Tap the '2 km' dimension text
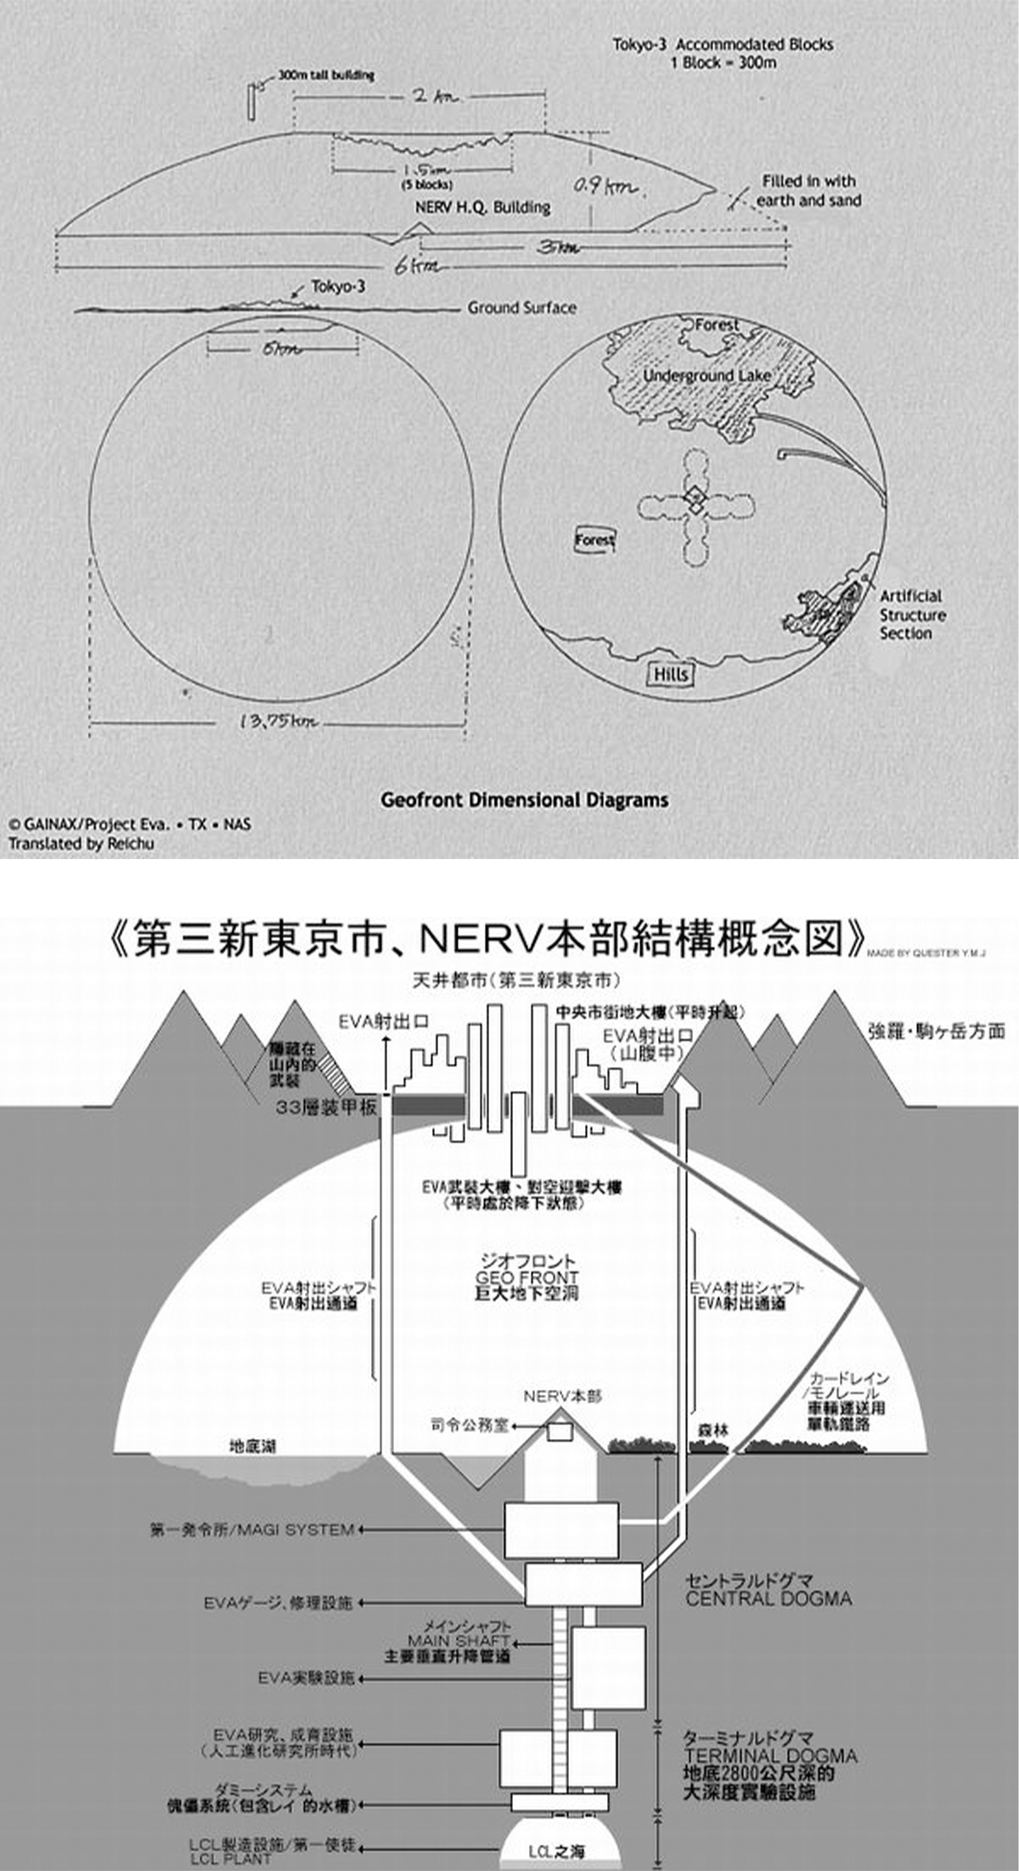pos(432,96)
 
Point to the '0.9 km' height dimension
pos(605,185)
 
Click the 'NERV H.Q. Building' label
pos(482,207)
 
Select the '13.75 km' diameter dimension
pos(279,722)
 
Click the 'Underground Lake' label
pos(707,375)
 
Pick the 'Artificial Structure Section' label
pos(912,615)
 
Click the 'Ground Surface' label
pos(521,308)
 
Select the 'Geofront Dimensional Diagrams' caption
pos(524,800)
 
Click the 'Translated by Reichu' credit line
pos(82,844)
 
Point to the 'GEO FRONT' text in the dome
pos(526,1278)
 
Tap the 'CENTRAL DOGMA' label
pos(768,1599)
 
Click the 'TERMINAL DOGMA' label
pos(770,1756)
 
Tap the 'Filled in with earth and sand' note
pos(808,191)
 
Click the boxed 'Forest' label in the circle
pos(594,540)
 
